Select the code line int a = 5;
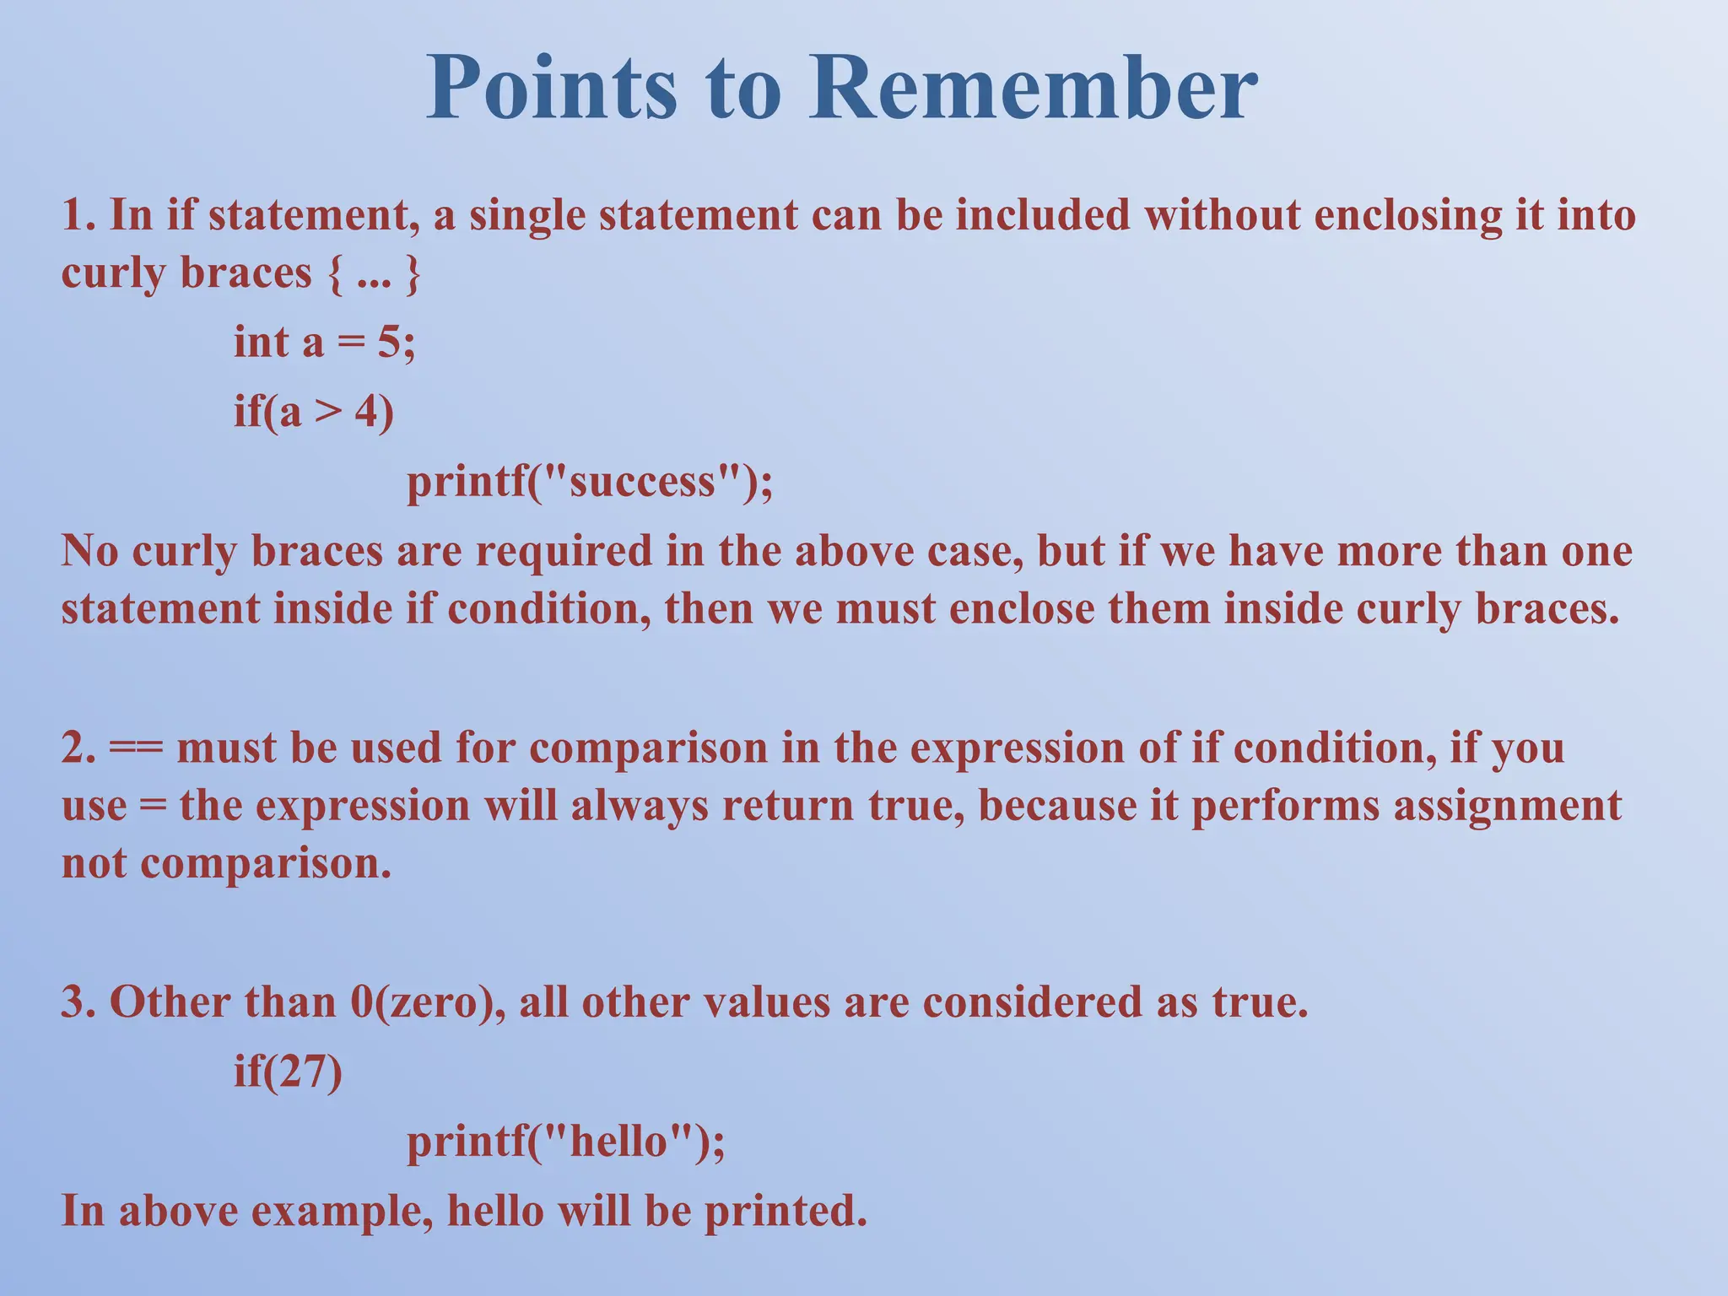point(325,343)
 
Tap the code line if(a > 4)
point(314,413)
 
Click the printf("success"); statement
point(590,483)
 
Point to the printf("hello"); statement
point(565,1142)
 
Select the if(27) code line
point(289,1072)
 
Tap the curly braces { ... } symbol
point(372,274)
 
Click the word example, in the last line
point(343,1212)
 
